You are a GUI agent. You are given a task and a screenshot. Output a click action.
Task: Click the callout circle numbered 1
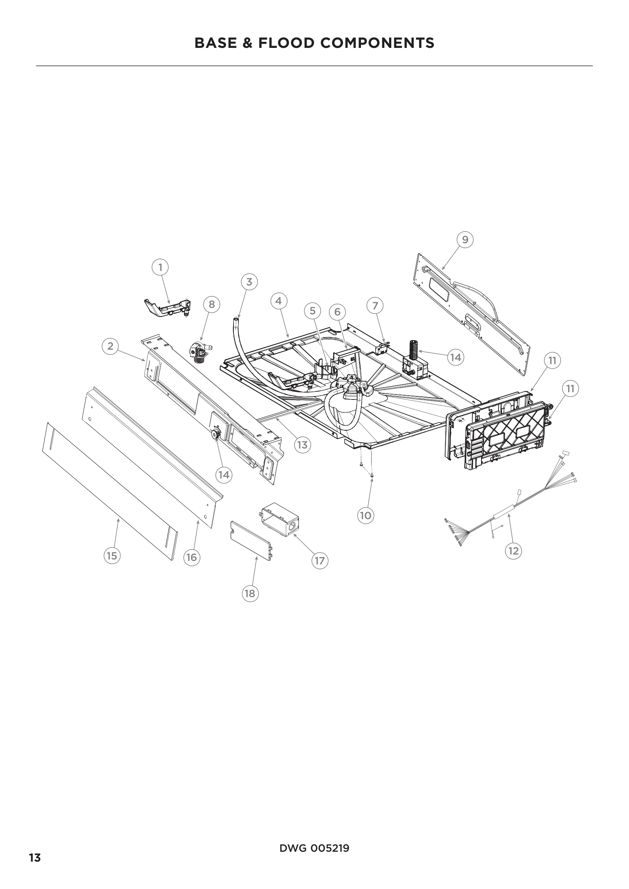(x=160, y=267)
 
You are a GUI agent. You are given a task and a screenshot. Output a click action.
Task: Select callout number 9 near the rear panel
(x=465, y=240)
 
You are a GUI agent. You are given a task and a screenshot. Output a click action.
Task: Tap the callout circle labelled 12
(x=513, y=551)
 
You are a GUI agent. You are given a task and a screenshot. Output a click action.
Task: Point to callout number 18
(x=250, y=593)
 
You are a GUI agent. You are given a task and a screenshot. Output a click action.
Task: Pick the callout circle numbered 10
(x=365, y=515)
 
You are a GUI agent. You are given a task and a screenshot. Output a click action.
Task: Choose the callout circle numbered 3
(x=249, y=282)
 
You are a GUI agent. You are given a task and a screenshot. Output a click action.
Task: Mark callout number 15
(x=111, y=556)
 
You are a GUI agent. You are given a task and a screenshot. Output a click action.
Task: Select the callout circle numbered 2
(x=110, y=346)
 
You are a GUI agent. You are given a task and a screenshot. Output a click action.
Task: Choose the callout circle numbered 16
(x=192, y=558)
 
